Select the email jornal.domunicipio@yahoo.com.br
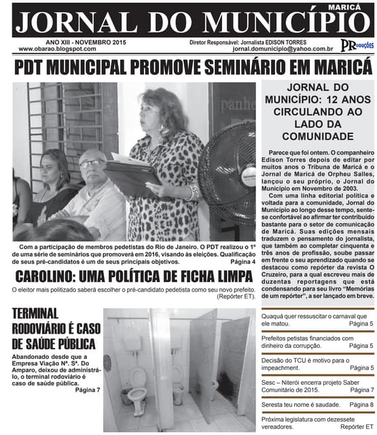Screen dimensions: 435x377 click(282, 49)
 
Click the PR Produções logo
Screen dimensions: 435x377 click(356, 46)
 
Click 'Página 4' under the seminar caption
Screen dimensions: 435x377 click(243, 262)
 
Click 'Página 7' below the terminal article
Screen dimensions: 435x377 click(88, 389)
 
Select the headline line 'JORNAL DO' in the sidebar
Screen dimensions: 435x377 click(317, 88)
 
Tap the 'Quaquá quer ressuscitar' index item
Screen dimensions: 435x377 click(314, 317)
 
